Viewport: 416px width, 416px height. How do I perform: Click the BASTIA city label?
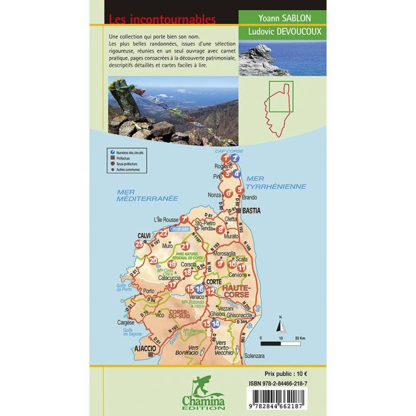[x=251, y=211]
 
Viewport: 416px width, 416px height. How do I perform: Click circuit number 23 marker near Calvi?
[x=139, y=244]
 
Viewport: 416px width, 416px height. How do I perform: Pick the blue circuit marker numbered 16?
[x=199, y=289]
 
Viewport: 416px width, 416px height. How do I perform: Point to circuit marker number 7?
[x=183, y=219]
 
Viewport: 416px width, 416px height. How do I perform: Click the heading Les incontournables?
[x=162, y=20]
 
